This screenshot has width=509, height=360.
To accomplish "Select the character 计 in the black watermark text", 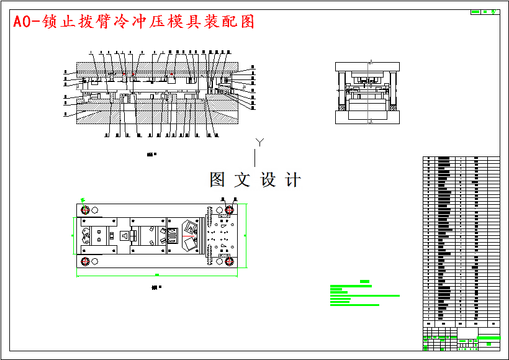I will click(x=293, y=180).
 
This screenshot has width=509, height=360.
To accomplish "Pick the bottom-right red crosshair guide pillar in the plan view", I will click(x=229, y=261).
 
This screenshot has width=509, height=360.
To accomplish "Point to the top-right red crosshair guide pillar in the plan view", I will click(x=229, y=210).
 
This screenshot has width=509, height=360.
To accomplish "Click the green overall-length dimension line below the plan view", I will click(x=156, y=276).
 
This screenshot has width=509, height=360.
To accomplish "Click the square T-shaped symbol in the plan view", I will click(x=125, y=236).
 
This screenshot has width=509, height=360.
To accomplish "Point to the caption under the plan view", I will click(x=156, y=287).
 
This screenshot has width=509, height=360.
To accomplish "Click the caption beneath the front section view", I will click(x=151, y=154).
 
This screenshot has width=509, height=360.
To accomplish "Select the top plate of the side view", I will click(x=369, y=66).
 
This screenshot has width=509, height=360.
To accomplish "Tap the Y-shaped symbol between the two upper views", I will click(x=261, y=143).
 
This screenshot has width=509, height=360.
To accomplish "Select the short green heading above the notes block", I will click(x=364, y=282).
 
